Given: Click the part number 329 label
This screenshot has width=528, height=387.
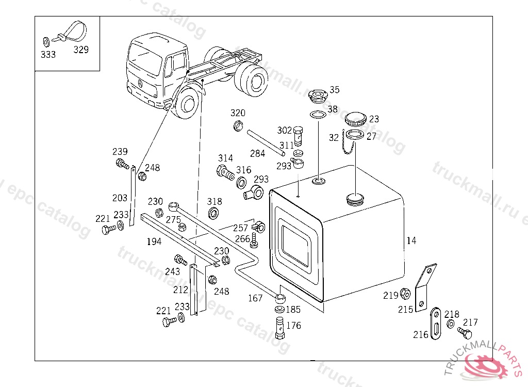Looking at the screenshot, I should click(80, 50).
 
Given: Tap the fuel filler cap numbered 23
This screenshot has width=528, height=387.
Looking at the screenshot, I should click(355, 119).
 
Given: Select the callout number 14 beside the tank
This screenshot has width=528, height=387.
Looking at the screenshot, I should click(411, 240).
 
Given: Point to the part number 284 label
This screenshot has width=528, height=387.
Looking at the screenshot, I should click(257, 153).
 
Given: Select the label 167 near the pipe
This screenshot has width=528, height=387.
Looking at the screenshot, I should click(255, 298).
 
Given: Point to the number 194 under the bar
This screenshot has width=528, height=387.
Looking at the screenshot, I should click(154, 241).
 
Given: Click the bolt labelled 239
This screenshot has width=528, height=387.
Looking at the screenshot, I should click(122, 165).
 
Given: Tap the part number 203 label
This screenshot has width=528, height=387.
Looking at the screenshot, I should click(120, 198).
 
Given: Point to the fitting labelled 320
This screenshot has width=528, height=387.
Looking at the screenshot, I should click(238, 124).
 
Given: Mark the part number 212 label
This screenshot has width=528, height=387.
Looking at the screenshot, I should click(180, 289).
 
